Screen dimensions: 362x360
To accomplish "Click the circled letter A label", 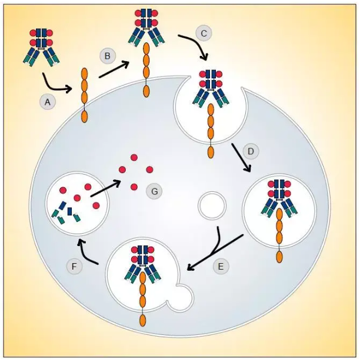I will pos(48,102).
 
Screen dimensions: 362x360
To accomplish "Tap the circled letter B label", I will pos(108,56).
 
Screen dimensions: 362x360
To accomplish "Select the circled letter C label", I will pos(204,34).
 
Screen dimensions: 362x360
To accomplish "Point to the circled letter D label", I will pos(251,152).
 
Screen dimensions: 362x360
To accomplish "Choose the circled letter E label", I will pos(221,267).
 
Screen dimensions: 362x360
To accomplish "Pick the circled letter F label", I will pos(74,267).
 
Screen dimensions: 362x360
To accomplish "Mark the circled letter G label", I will pos(155,191).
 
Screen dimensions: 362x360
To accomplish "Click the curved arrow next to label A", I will pos(56,85).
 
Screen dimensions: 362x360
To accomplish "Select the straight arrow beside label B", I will pos(114,69).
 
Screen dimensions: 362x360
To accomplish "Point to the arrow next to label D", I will pos(241,157).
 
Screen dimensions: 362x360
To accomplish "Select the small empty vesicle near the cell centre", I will pos(212,205).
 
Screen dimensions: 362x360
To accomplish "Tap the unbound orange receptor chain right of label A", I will pos(85,94).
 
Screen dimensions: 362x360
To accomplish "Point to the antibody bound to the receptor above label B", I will pos(146,26).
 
